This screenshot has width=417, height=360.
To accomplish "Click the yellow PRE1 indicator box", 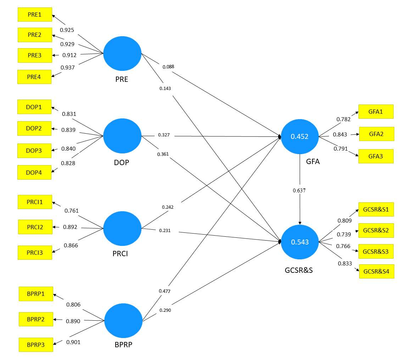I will tap(35, 15).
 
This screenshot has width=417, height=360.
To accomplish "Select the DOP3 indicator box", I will tap(34, 151).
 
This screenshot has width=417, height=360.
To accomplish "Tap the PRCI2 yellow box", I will tap(35, 227).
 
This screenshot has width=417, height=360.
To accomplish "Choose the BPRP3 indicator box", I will tap(36, 344).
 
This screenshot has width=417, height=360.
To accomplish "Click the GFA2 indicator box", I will tap(377, 134).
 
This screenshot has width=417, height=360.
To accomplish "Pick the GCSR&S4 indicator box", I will tap(377, 271).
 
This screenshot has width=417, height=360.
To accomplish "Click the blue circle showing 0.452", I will tap(300, 137).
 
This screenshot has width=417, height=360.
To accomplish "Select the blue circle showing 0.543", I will tap(300, 242).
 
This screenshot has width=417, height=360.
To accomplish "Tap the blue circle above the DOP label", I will tap(122, 136).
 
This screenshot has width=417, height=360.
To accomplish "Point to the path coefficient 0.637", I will tap(299, 191).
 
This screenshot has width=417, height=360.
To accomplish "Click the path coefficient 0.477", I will tap(165, 291).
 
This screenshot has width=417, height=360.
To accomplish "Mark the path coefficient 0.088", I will tap(168, 67).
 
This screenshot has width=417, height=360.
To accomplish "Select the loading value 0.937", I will tap(67, 68).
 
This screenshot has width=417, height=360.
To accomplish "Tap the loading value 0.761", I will tap(71, 211).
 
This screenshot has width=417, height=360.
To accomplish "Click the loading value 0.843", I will tap(340, 135).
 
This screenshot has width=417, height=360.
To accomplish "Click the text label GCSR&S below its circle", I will tap(299, 270).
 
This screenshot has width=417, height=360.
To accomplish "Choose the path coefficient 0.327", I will tap(163, 135).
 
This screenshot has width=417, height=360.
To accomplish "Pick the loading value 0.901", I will tap(73, 342).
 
